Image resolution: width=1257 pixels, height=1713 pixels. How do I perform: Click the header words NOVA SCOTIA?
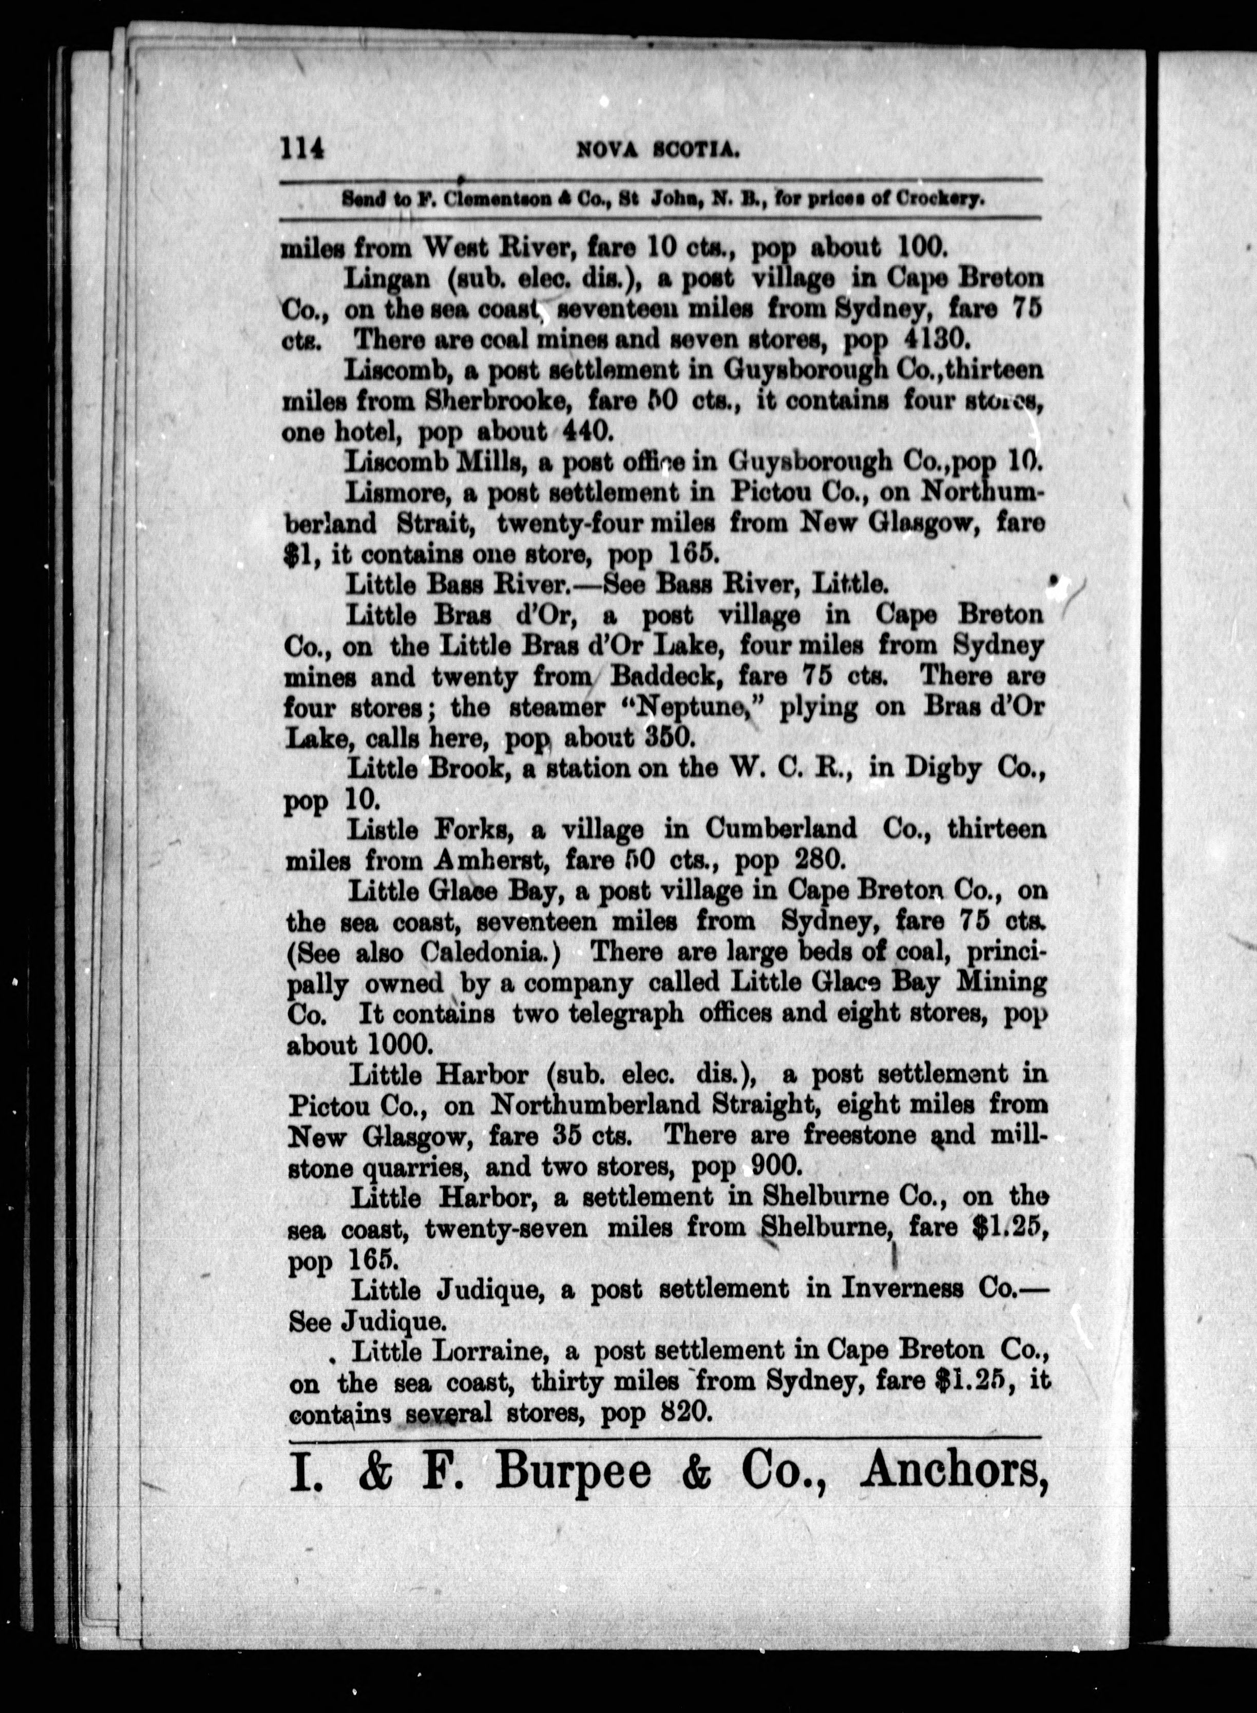659,151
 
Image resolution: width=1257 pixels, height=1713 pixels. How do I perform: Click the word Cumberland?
780,829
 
